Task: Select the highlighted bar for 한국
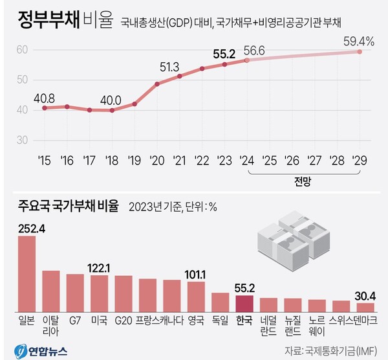point(244,303)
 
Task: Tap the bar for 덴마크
point(365,306)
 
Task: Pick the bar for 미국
point(99,293)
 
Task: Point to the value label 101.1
point(196,273)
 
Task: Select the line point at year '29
point(360,52)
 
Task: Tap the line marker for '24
point(246,60)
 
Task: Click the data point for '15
point(44,107)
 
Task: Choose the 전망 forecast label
point(303,183)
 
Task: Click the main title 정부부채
point(45,20)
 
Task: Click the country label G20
point(124,320)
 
